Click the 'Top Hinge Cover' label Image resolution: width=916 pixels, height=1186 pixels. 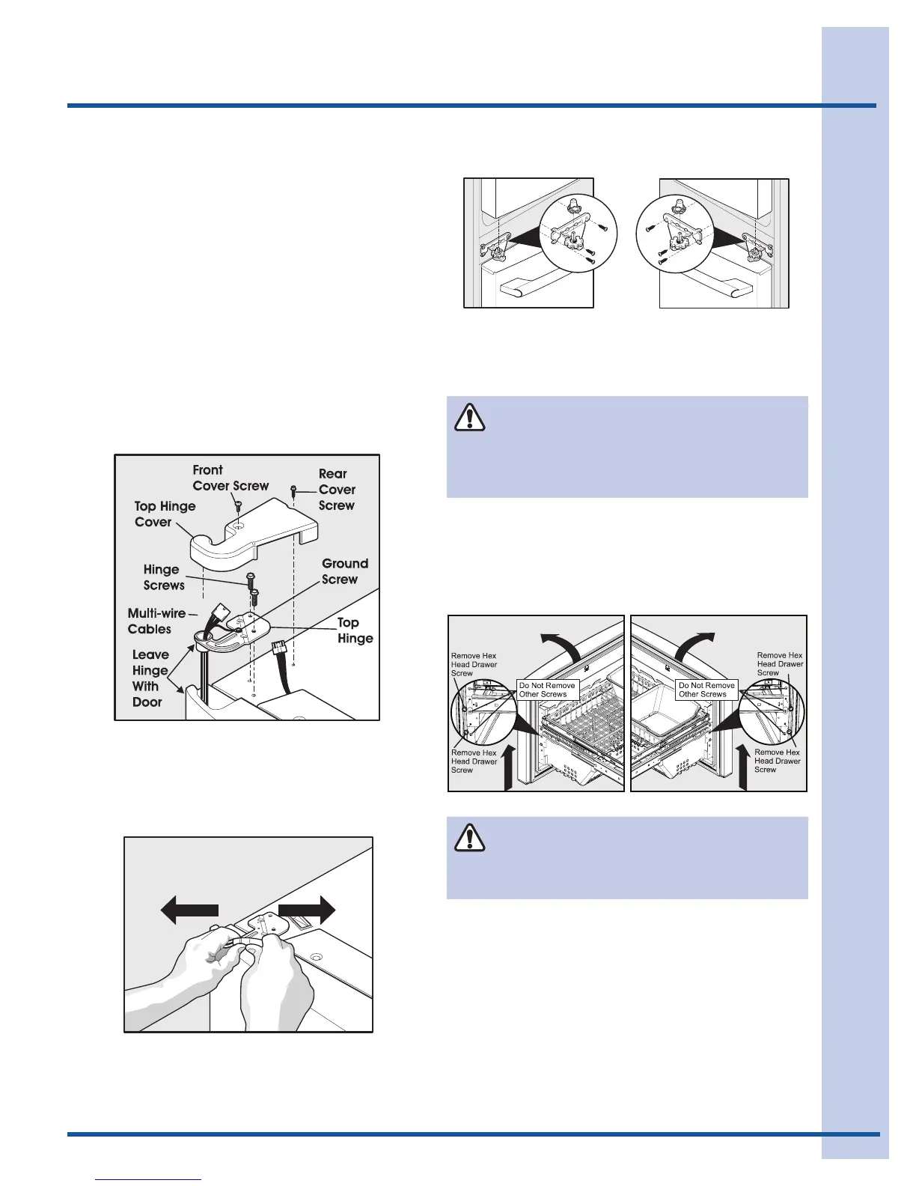165,514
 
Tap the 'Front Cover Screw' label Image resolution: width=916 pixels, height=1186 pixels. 230,478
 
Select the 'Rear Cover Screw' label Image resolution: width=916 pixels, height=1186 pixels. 336,490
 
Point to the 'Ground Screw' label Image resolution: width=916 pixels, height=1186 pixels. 344,571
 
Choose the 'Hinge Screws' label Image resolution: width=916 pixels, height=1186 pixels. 163,577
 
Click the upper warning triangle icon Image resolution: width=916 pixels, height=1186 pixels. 469,418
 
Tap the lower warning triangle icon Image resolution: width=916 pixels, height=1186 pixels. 469,838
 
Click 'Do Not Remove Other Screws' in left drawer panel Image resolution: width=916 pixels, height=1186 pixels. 547,690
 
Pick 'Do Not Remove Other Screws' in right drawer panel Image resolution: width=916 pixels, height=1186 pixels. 706,690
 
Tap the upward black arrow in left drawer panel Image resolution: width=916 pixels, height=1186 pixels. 508,765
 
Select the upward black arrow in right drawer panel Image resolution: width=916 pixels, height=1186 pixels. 742,765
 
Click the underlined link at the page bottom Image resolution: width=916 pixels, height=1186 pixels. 149,1179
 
